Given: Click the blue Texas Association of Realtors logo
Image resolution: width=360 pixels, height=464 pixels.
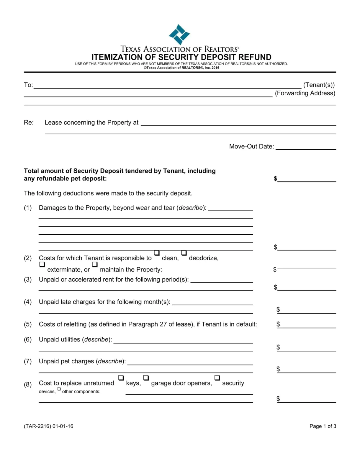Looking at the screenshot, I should (x=179, y=35).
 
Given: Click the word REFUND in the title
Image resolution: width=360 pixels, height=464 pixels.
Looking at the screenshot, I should (x=255, y=57).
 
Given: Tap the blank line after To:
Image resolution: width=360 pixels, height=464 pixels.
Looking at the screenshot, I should (x=167, y=86).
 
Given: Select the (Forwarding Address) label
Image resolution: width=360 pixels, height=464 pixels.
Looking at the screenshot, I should (x=305, y=93).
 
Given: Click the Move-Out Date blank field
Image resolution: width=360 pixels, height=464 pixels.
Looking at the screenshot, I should (x=306, y=147).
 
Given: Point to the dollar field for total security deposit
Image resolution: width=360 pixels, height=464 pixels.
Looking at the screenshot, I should (x=307, y=179).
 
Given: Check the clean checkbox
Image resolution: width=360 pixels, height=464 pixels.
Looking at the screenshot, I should (x=157, y=253).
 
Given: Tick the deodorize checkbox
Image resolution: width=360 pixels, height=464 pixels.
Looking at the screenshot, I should (x=184, y=253).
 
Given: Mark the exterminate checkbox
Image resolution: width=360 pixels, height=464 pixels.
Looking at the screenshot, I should (x=42, y=264).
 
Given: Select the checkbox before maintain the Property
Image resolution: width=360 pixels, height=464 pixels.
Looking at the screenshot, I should (x=95, y=264).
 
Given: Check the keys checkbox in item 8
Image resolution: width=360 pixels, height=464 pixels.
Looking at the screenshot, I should (x=121, y=378).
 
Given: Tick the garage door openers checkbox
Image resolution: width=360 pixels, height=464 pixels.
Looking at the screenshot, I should (x=146, y=378).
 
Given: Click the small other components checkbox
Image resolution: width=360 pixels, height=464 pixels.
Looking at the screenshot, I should (x=59, y=389).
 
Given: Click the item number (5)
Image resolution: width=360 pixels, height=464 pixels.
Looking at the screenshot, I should (x=28, y=324).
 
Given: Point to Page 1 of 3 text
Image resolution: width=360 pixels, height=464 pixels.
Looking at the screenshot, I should (x=323, y=426).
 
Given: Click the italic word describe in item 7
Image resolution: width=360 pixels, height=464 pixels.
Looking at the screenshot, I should (x=110, y=361).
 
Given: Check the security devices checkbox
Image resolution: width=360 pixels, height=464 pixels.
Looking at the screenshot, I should (x=217, y=378).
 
